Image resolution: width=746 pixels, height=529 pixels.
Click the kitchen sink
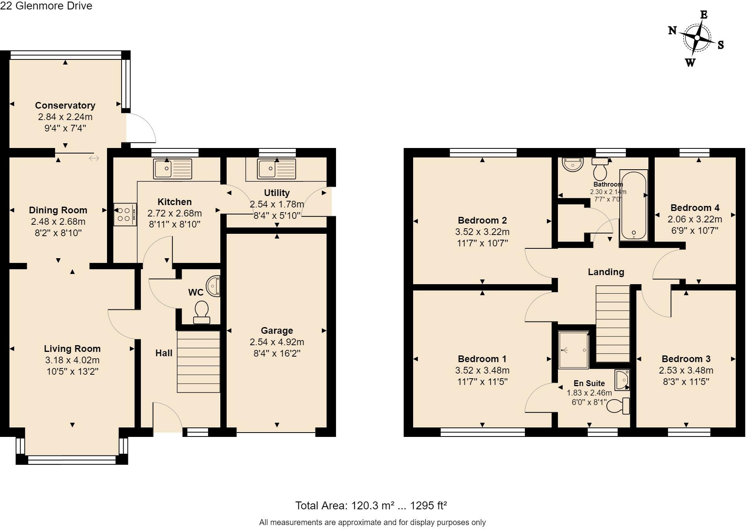click(173, 168)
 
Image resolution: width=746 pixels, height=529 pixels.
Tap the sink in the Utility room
click(277, 168)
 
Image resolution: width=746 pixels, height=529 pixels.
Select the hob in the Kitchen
click(125, 215)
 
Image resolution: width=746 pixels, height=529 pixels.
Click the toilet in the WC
click(202, 312)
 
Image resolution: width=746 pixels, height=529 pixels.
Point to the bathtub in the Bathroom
click(633, 205)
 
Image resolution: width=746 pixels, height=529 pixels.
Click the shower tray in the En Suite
click(574, 350)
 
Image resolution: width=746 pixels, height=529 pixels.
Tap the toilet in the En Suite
click(618, 406)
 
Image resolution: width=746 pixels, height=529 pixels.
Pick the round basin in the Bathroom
click(572, 164)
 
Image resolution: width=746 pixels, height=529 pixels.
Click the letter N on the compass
click(672, 30)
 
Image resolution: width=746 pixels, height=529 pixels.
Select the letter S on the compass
click(720, 45)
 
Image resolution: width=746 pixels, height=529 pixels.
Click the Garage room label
click(277, 331)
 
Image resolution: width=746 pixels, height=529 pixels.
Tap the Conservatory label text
click(65, 105)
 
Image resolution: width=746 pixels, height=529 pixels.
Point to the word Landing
click(606, 272)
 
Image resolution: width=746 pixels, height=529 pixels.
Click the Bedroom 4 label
click(695, 208)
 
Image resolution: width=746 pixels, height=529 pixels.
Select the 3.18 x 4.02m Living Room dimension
click(72, 360)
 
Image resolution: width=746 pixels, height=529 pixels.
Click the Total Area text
click(371, 505)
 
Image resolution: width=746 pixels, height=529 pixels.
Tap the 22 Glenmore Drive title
click(46, 6)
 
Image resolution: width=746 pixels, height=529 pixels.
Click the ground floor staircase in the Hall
click(198, 361)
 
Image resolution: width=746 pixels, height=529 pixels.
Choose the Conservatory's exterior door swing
click(141, 128)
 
